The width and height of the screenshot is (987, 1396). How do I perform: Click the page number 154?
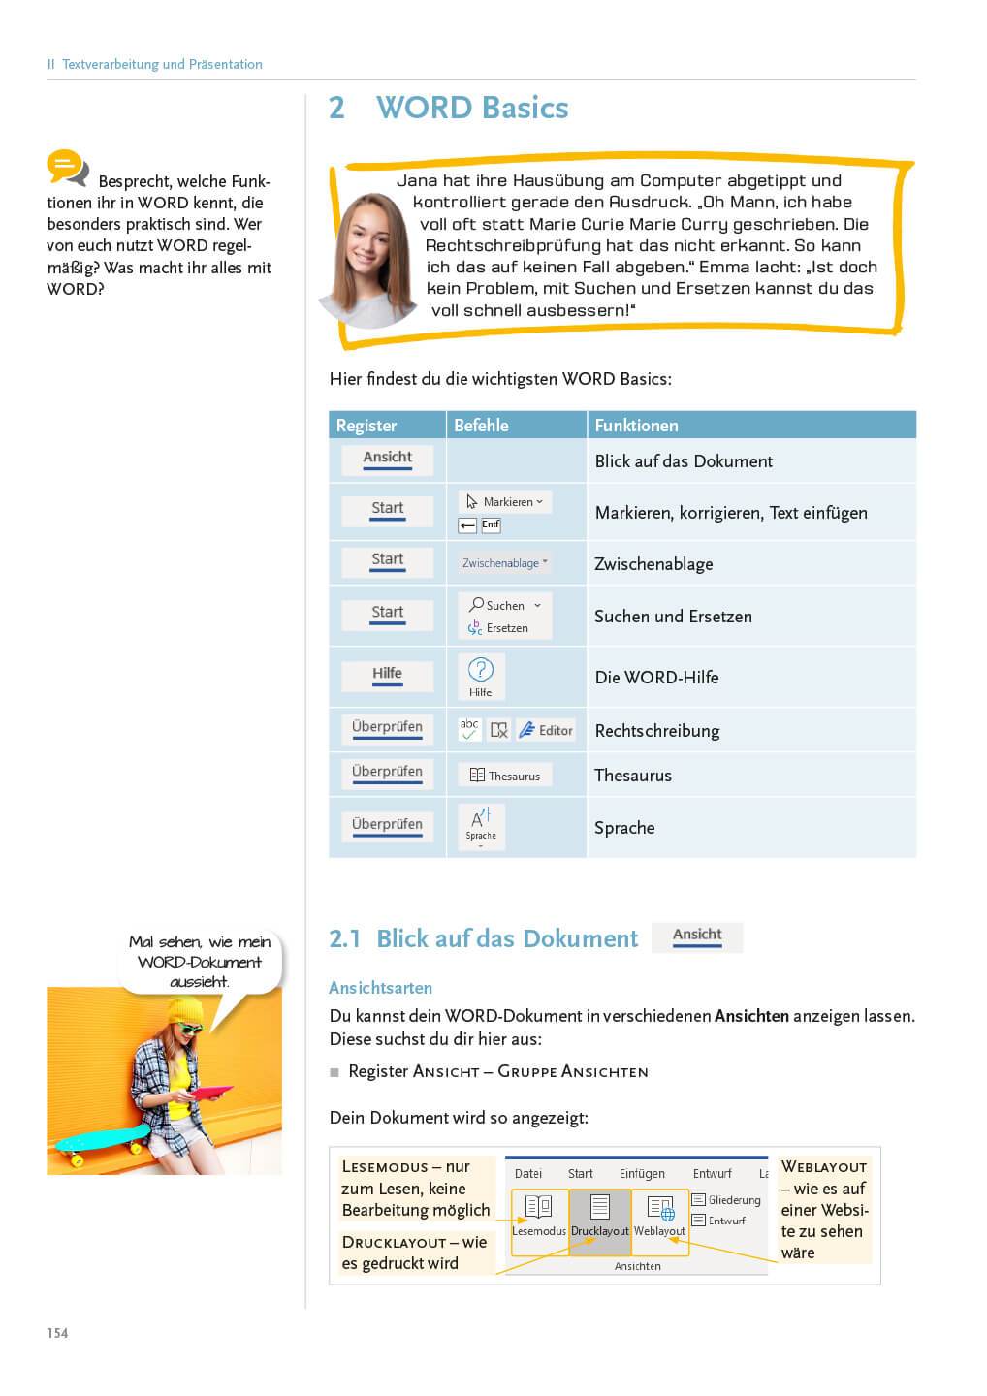pos(57,1333)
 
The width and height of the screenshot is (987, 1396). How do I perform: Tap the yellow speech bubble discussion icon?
pos(67,168)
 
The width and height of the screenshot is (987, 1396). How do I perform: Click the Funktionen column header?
pos(636,426)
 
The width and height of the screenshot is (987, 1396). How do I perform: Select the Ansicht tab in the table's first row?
pos(387,459)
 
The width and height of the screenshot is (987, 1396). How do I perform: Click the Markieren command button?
pos(505,501)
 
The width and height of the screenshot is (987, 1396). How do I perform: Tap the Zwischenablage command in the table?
pos(504,563)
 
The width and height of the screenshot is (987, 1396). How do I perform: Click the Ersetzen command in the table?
pos(500,628)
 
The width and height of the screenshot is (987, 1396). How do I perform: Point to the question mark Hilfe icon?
pos(481,670)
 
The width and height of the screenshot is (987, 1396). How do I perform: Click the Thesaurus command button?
pos(505,776)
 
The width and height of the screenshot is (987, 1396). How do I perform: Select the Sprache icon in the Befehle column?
pos(481,825)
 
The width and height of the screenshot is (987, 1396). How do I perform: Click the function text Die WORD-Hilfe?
pos(656,678)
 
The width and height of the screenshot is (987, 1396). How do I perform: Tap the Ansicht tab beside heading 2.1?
pos(697,936)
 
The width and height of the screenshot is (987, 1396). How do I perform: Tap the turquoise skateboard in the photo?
pos(102,1136)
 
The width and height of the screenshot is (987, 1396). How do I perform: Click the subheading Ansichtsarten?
pos(380,988)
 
